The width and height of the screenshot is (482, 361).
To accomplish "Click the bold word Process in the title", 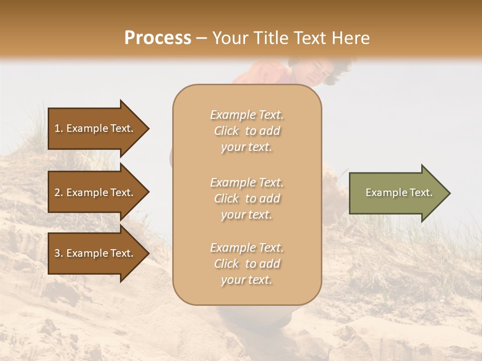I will point(158,38).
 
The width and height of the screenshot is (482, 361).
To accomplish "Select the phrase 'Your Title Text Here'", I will point(291,38).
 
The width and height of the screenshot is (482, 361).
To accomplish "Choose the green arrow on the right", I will point(397,193).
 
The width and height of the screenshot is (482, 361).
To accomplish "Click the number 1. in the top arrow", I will point(59,128).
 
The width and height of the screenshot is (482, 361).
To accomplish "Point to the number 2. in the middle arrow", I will point(59,193).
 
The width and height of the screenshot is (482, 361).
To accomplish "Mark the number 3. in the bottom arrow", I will point(59,253).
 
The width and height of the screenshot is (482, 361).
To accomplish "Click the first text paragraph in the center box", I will point(247,131).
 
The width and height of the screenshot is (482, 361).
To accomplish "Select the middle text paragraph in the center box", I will point(247,199).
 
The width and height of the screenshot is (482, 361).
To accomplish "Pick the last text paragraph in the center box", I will point(247,264).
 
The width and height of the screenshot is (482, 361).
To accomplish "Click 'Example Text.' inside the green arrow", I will point(399,193).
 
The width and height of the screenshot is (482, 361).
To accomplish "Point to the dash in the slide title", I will point(202,39).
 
